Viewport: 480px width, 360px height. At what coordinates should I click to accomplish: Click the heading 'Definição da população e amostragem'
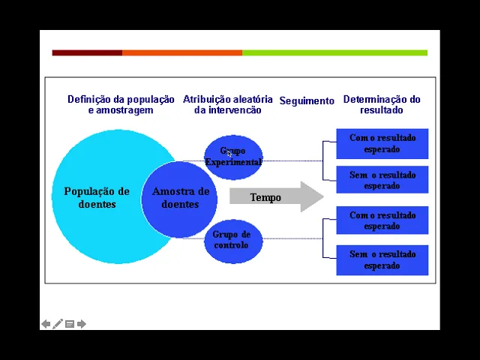[x=121, y=104]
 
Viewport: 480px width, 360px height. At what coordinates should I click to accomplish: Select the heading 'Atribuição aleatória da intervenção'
[x=227, y=104]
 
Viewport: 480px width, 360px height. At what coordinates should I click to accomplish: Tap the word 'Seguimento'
[x=307, y=100]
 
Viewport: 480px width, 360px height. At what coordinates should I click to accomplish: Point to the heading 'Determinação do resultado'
[x=381, y=104]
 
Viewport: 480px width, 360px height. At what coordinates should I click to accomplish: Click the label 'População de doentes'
[x=97, y=197]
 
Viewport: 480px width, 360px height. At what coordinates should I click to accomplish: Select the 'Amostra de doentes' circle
[x=180, y=198]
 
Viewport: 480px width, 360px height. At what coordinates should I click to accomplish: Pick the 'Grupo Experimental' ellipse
[x=233, y=157]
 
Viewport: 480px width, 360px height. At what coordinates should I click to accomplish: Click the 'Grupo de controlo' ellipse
[x=232, y=240]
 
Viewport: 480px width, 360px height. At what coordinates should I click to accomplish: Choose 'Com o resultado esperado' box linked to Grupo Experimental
[x=382, y=143]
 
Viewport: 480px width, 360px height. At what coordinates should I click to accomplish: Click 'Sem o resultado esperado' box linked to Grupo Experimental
[x=382, y=180]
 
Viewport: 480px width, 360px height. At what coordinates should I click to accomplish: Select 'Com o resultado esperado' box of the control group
[x=382, y=220]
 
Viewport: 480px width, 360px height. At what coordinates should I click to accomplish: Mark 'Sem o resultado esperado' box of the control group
[x=382, y=259]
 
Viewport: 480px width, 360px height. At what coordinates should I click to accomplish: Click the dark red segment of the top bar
[x=87, y=52]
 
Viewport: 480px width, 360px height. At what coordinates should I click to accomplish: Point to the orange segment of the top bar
[x=181, y=52]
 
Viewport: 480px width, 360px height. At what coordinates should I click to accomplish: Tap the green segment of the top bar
[x=334, y=52]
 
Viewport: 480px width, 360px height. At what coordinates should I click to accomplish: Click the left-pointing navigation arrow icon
[x=46, y=324]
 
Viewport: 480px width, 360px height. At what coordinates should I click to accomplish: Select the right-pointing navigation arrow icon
[x=82, y=324]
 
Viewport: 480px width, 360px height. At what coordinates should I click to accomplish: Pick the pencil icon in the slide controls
[x=58, y=324]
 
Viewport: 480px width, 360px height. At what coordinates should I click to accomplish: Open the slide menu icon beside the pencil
[x=70, y=324]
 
